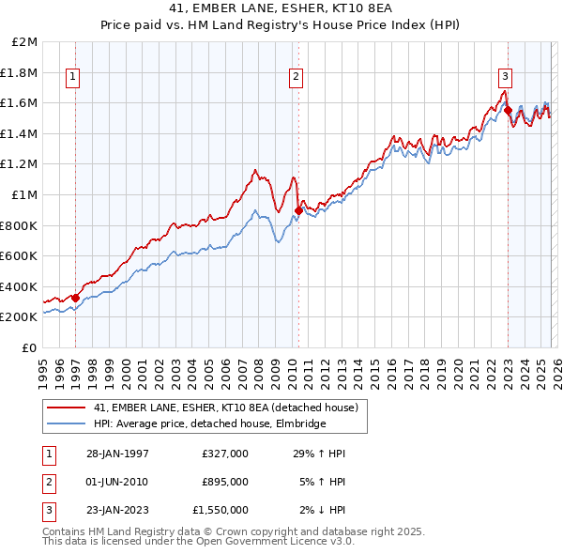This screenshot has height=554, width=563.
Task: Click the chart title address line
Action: [x=281, y=9]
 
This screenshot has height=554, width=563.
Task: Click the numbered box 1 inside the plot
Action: [x=73, y=77]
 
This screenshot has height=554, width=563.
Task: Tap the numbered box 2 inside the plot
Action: [x=296, y=77]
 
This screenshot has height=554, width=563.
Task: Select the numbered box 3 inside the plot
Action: [x=505, y=77]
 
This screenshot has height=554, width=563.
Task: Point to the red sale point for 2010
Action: [x=298, y=210]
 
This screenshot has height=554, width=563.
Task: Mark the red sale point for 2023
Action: [x=508, y=110]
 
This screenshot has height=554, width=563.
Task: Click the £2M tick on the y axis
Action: [x=25, y=42]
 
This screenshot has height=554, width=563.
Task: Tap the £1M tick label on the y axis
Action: [x=25, y=194]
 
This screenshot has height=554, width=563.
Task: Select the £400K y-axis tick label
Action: [x=20, y=286]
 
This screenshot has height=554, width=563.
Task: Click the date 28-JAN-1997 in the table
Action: [x=117, y=454]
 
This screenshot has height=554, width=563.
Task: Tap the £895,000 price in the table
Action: [x=224, y=482]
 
